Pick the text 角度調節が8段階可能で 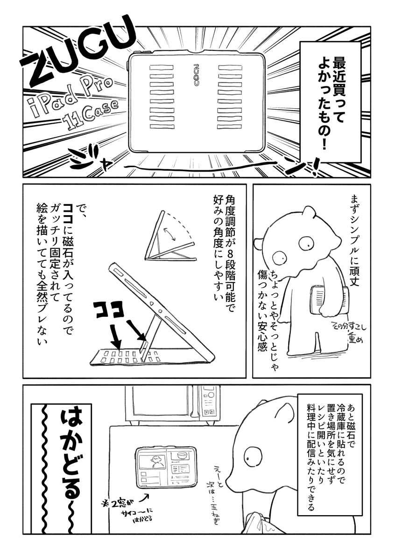(229, 247)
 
